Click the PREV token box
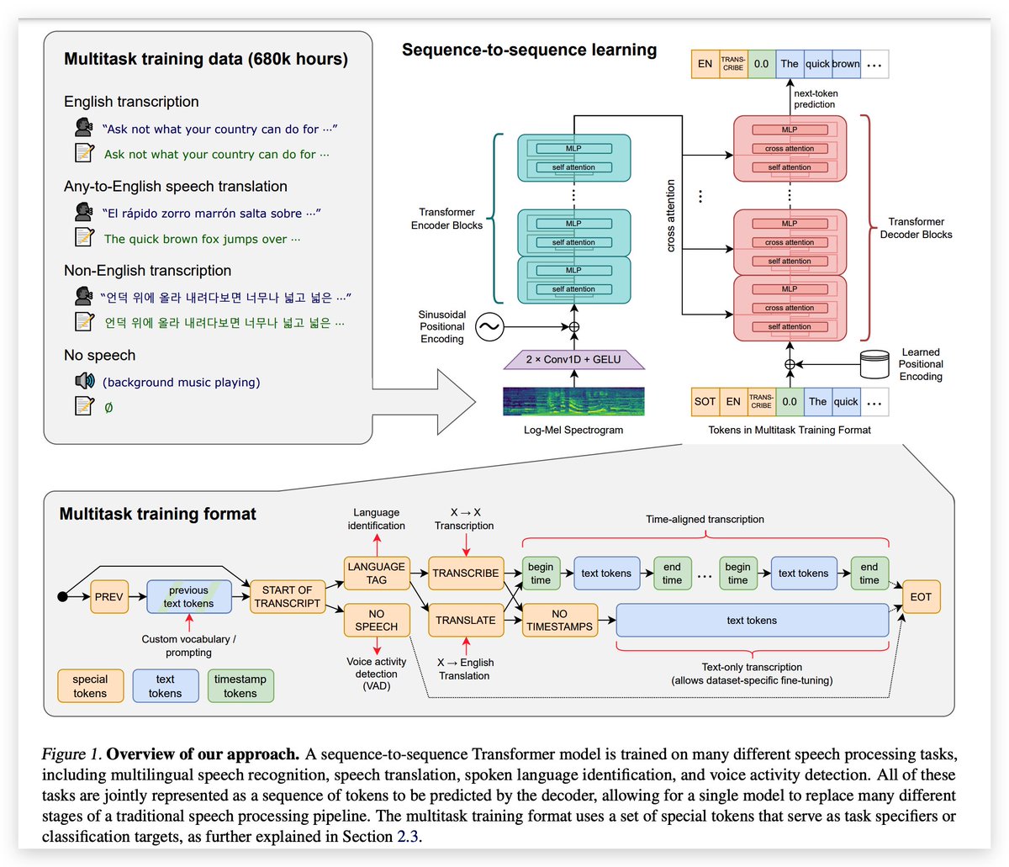click(109, 597)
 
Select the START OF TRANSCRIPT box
click(287, 597)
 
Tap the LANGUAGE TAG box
click(376, 573)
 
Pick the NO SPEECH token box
click(376, 621)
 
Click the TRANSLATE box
click(465, 621)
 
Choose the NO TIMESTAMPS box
click(559, 621)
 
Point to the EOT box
click(921, 597)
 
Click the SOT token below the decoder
click(705, 402)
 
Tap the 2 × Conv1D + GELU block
click(573, 360)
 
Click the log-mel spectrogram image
click(573, 401)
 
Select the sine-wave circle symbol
click(489, 327)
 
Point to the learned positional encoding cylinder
click(874, 364)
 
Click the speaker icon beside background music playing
click(84, 382)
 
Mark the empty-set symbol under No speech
click(108, 408)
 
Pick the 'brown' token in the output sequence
click(846, 64)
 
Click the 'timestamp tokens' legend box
click(240, 686)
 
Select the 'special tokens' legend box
click(90, 686)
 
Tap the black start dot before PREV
click(61, 597)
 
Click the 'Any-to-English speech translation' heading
click(176, 187)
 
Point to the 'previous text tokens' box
click(188, 597)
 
